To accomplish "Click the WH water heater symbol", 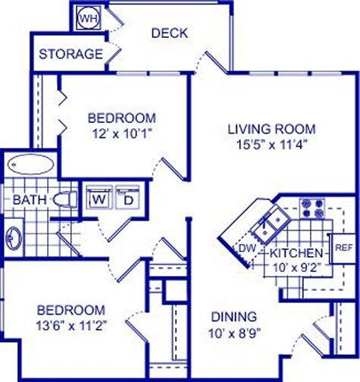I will click(88, 17).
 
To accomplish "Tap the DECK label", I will click(169, 33).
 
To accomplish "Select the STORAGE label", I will click(70, 55).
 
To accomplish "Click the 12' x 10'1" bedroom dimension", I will click(121, 133).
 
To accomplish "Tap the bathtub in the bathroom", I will click(30, 164).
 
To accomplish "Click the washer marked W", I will click(99, 199).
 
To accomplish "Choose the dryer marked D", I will click(128, 199).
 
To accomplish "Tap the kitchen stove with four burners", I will click(311, 208).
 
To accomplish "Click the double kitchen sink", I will click(272, 224).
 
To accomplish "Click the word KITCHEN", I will click(294, 252).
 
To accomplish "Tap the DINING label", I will click(233, 317).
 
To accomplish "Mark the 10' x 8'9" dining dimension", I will click(233, 332).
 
